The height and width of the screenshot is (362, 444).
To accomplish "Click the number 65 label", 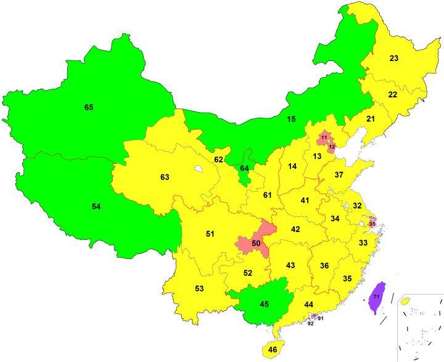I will pos(89,107).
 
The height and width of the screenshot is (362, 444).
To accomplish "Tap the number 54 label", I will pos(96,207).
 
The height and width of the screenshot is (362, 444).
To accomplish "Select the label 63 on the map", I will pos(165,177).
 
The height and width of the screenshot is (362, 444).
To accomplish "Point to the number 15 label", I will pos(292,118).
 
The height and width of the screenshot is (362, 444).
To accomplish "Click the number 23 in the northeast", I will pos(393,59).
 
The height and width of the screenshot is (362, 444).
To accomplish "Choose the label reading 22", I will pos(392,94).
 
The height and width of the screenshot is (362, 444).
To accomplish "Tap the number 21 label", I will pos(371,118).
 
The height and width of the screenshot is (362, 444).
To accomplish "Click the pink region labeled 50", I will pos(255,244).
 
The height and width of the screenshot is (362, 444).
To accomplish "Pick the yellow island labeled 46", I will pos(273,350).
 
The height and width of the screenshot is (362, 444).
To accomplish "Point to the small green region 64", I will pos(244,168).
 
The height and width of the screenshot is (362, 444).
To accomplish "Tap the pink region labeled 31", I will pos(372,223).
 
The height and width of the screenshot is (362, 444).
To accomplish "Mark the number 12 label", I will pos(331,147).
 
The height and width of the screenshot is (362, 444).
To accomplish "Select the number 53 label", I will pos(199,289).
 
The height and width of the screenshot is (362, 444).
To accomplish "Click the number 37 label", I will pos(339,175).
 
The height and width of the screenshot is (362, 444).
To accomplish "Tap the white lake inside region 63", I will pos(197,167).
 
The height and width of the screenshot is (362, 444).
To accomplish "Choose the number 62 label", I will pos(218,160).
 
